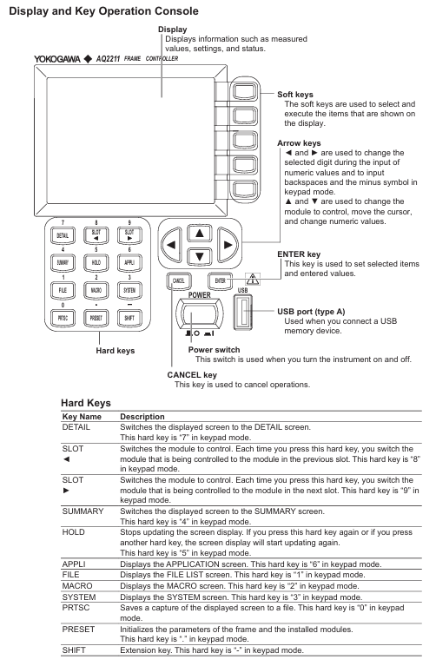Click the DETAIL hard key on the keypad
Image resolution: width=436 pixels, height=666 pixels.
coord(63,235)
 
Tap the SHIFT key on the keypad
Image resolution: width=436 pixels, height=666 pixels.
coord(129,318)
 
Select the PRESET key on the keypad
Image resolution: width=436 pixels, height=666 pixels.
coord(96,318)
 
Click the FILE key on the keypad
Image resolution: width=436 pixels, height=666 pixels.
coord(63,291)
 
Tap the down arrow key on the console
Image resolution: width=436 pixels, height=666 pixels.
coord(200,256)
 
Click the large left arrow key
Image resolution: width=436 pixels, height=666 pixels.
coord(172,245)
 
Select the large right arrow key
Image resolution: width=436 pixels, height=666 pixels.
coord(228,245)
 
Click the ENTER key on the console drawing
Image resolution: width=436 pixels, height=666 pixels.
coord(220,280)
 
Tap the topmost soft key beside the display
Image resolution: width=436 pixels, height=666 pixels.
coord(244,92)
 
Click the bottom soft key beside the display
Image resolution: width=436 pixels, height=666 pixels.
coord(244,189)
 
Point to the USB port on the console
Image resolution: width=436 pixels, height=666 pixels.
coord(242,313)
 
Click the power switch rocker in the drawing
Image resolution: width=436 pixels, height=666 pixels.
coord(200,314)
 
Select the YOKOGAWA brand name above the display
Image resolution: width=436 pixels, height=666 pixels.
coord(57,59)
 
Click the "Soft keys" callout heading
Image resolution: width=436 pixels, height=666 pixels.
coord(295,95)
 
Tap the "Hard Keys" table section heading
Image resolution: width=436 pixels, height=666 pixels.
coord(86,403)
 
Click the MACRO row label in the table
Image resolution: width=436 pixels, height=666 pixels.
coord(77,586)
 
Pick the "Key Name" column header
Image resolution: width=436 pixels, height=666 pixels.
coord(82,417)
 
